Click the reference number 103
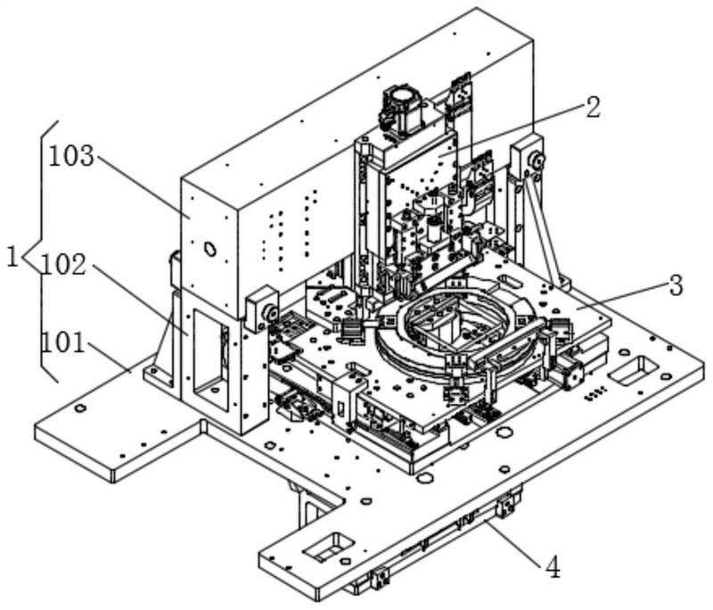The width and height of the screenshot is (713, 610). click(71, 157)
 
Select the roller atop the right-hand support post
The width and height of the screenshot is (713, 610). click(537, 161)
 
